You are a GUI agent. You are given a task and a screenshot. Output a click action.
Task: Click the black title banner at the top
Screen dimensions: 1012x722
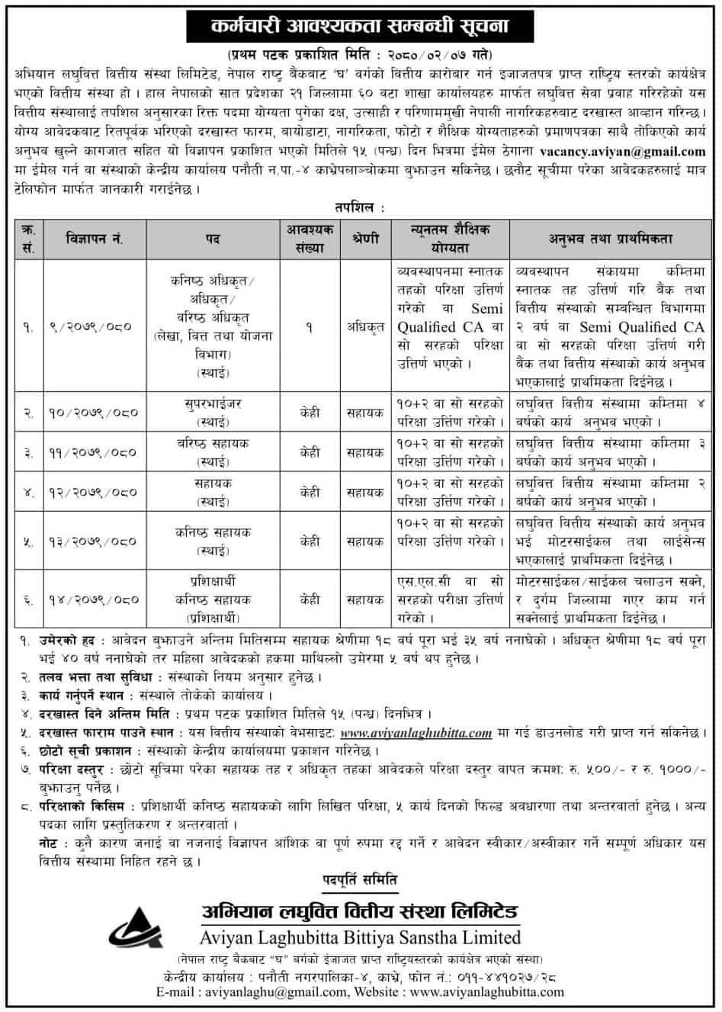pyautogui.click(x=360, y=27)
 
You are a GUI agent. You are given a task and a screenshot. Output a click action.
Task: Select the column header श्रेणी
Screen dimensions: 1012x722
pyautogui.click(x=364, y=239)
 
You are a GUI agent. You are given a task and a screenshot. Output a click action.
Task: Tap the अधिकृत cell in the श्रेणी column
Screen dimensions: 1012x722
pyautogui.click(x=364, y=326)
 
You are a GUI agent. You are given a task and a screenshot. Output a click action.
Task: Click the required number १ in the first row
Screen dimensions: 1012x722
pyautogui.click(x=310, y=326)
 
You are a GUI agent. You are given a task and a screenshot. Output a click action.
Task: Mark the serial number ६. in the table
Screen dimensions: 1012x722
pyautogui.click(x=28, y=599)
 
